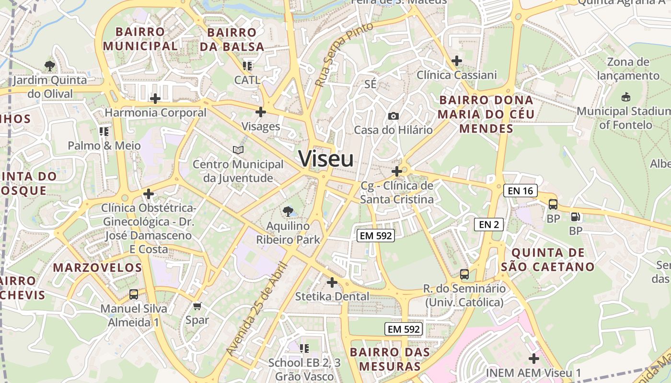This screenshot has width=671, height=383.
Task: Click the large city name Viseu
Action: [326, 158]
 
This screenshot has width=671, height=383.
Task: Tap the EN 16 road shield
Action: [521, 191]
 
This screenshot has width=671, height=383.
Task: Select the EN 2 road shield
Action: [489, 224]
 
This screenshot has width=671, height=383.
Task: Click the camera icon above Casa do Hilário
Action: [393, 116]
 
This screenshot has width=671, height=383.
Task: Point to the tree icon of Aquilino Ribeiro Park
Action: [288, 211]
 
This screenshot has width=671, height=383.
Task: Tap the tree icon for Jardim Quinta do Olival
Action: [49, 66]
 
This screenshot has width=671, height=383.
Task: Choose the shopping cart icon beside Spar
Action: [197, 306]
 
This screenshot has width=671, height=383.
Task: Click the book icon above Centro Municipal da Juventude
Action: [238, 150]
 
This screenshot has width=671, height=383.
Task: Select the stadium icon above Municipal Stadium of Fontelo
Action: [625, 97]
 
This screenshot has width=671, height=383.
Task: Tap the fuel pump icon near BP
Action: [575, 216]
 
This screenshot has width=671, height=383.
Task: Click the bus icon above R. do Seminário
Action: [464, 274]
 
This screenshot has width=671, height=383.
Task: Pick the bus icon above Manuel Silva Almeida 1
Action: [134, 294]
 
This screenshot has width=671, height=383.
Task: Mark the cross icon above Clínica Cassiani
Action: [457, 61]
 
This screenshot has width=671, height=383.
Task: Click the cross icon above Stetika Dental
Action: [332, 282]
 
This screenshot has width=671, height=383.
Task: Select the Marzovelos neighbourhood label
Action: [98, 268]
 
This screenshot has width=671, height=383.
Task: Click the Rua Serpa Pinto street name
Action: [344, 55]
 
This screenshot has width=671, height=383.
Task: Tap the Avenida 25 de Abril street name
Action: [257, 309]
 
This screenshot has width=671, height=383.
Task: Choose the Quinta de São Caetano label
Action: [548, 259]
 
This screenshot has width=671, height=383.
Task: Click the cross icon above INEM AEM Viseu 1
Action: [533, 358]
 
